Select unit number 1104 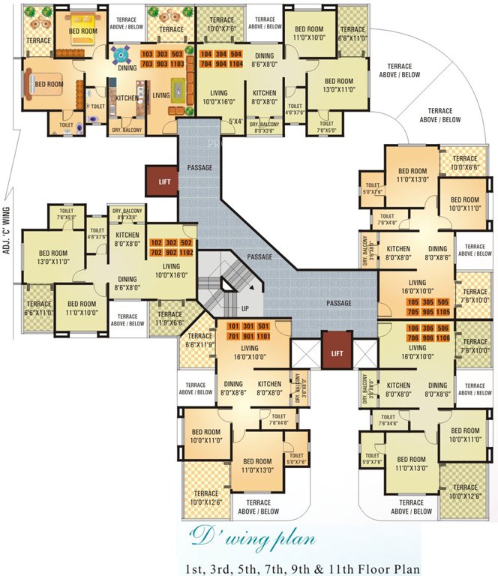pos(237,64)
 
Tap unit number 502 pos(187,244)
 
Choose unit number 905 pos(430,312)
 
